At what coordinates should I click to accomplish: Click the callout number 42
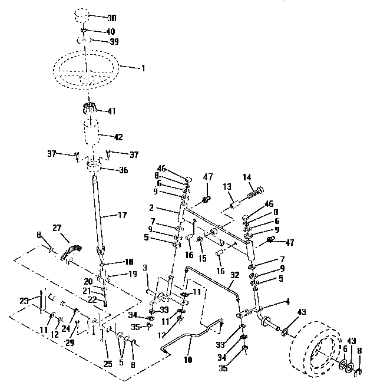tap(118, 137)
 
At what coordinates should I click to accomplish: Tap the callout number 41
tap(112, 110)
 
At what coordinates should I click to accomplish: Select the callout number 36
tap(122, 170)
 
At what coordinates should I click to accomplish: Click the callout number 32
tap(234, 275)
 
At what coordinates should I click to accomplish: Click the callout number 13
tap(226, 186)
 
